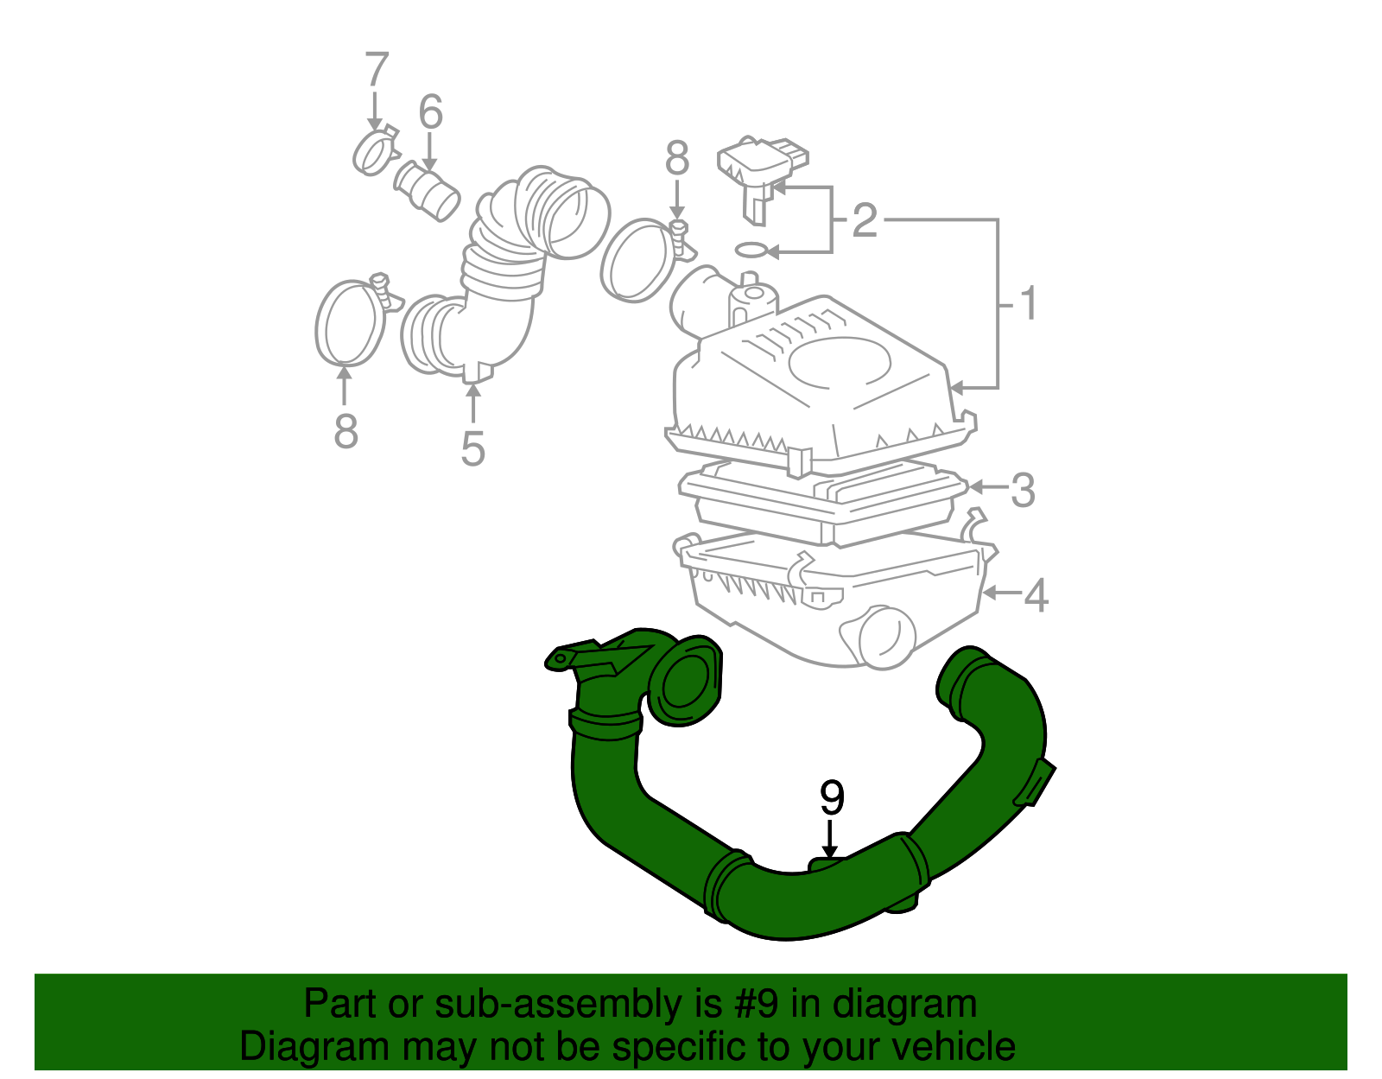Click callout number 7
coord(377,70)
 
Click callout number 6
coord(430,113)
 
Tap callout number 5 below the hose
coord(472,448)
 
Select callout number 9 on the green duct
coord(831,798)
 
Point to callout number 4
coord(1036,595)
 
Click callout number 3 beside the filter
coord(1022,490)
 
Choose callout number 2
coord(864,221)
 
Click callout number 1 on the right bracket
coord(1027,304)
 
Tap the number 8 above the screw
coord(677,159)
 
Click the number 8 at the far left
coord(345,430)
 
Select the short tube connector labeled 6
coord(428,189)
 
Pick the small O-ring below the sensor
coord(751,251)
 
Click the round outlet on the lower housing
coord(887,638)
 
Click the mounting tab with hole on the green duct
coord(562,658)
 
